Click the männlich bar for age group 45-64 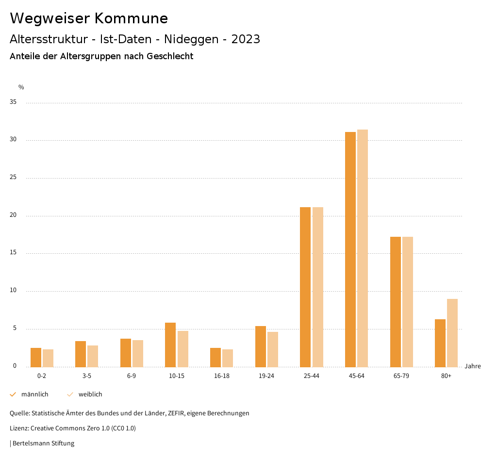pos(350,249)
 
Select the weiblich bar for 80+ pos(452,333)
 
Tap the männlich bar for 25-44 pos(305,287)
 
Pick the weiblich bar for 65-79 pos(408,302)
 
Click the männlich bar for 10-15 pos(170,345)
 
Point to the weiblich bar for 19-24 pos(273,349)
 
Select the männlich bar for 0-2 pos(36,357)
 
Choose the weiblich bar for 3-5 pos(93,356)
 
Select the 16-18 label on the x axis pos(221,376)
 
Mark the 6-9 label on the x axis pos(132,376)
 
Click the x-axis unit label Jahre pos(473,366)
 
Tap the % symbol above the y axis pos(21,87)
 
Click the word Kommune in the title pos(131,18)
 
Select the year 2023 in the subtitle pos(246,39)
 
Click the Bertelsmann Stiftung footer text pos(43,443)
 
